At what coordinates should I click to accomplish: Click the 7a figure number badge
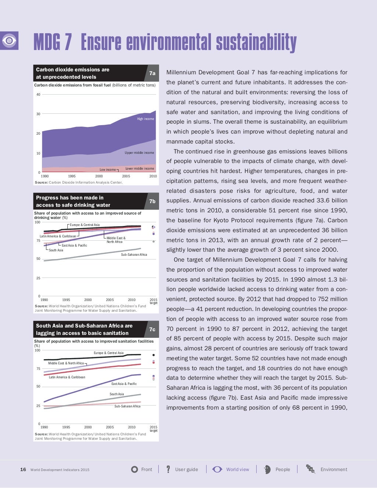(152, 73)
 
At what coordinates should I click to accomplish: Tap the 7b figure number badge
(152, 201)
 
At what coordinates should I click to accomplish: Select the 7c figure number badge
(152, 329)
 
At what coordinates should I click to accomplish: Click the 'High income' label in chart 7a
(145, 119)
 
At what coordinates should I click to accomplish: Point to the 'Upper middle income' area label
(139, 153)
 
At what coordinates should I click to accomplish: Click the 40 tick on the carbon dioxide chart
(38, 95)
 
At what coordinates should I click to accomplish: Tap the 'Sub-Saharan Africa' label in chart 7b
(134, 255)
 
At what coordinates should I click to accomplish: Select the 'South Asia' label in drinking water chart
(56, 250)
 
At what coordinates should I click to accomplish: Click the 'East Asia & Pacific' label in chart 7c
(124, 384)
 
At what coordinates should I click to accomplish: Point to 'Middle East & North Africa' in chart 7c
(66, 363)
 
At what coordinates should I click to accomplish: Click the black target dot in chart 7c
(154, 355)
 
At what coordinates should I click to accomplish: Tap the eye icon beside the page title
(9, 40)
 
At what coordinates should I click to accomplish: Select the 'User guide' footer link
(186, 470)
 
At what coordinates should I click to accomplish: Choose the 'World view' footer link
(237, 470)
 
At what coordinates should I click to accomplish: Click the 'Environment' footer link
(334, 470)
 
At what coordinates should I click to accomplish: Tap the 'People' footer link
(282, 470)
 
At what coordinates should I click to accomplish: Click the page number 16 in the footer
(23, 470)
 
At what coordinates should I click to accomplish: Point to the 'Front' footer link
(147, 470)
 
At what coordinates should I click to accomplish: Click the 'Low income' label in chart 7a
(108, 170)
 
